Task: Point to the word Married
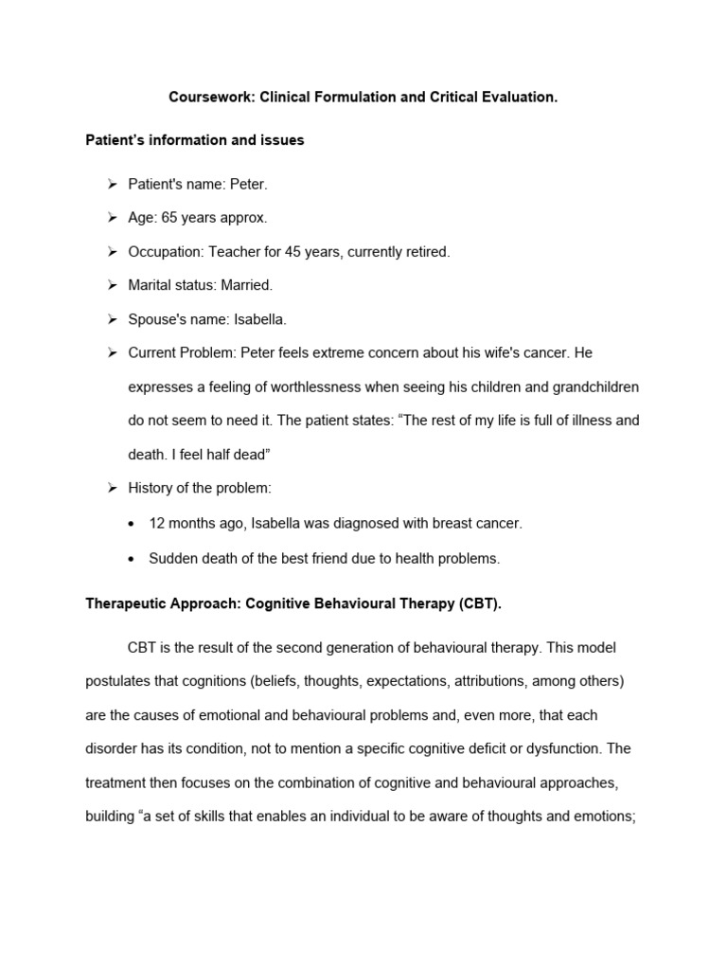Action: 246,285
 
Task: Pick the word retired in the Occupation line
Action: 423,252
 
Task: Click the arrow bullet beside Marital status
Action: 111,285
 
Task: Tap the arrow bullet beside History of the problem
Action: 111,488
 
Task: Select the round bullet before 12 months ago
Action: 133,523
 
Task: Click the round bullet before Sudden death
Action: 133,559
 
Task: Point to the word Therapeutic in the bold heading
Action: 124,602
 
